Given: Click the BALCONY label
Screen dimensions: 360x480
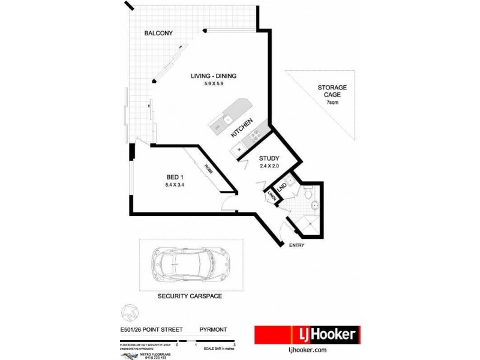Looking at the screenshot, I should pyautogui.click(x=158, y=33).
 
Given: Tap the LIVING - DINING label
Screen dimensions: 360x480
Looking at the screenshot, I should pyautogui.click(x=214, y=76).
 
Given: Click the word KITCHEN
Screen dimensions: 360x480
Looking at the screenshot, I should pyautogui.click(x=245, y=129).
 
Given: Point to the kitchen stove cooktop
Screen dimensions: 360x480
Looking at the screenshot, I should pyautogui.click(x=253, y=136).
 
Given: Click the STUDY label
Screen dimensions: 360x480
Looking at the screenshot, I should pyautogui.click(x=269, y=159).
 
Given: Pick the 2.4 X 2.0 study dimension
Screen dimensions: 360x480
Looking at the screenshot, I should pyautogui.click(x=269, y=166).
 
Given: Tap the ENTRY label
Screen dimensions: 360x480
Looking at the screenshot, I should pyautogui.click(x=296, y=245).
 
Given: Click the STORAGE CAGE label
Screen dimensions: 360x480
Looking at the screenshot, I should pyautogui.click(x=332, y=92).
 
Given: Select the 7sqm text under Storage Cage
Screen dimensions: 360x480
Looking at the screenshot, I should pyautogui.click(x=332, y=103).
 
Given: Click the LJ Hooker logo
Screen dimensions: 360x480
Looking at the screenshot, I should pyautogui.click(x=307, y=335).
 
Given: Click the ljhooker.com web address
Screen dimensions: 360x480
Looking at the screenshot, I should pyautogui.click(x=307, y=349).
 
